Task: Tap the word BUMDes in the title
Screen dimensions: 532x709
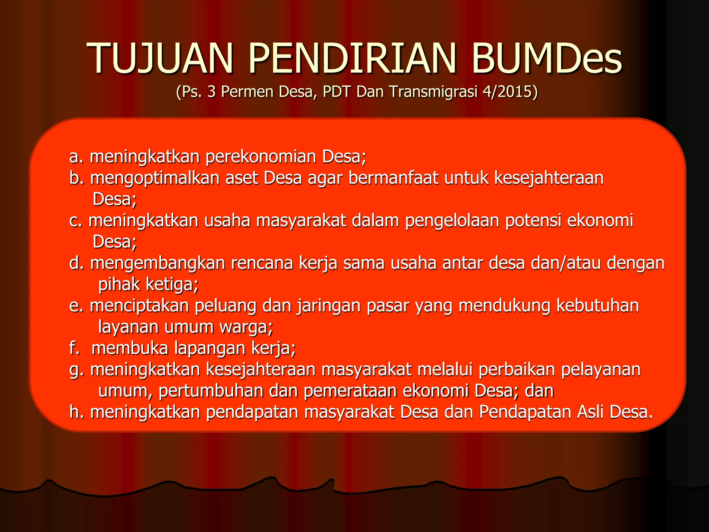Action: (x=547, y=58)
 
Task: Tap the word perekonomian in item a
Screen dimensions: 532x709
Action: (x=261, y=157)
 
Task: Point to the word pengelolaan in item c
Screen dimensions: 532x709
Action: (x=452, y=221)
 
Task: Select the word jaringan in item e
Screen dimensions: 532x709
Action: (x=329, y=306)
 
